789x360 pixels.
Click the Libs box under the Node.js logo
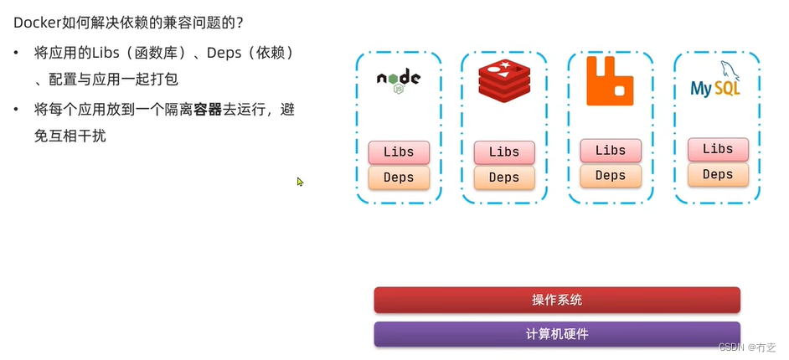click(x=399, y=152)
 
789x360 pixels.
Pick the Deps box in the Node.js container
click(x=399, y=177)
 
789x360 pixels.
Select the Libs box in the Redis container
click(x=504, y=152)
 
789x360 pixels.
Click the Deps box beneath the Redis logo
click(x=504, y=177)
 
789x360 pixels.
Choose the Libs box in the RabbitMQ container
click(x=611, y=151)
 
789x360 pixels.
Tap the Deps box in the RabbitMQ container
click(x=611, y=176)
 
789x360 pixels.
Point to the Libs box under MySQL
click(x=718, y=149)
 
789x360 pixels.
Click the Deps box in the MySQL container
click(x=718, y=174)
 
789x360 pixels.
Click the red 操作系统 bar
click(x=557, y=300)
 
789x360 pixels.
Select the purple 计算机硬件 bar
click(x=557, y=334)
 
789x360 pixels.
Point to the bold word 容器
click(x=208, y=110)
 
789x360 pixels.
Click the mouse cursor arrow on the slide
click(x=300, y=181)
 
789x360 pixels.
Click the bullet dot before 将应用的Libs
click(x=17, y=54)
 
